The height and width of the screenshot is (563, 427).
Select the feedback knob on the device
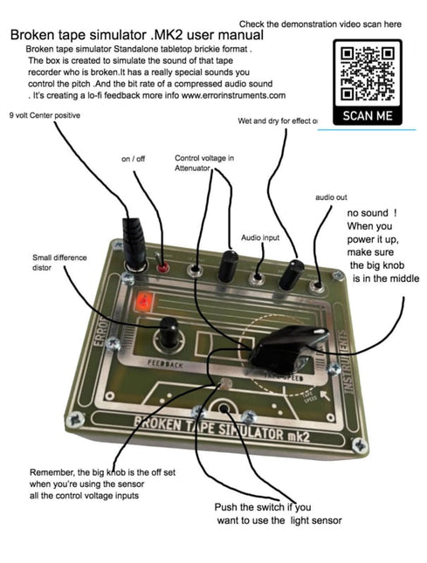coord(167,334)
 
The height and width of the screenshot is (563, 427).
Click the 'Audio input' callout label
coord(262,237)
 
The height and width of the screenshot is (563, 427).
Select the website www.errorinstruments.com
coord(231,95)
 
